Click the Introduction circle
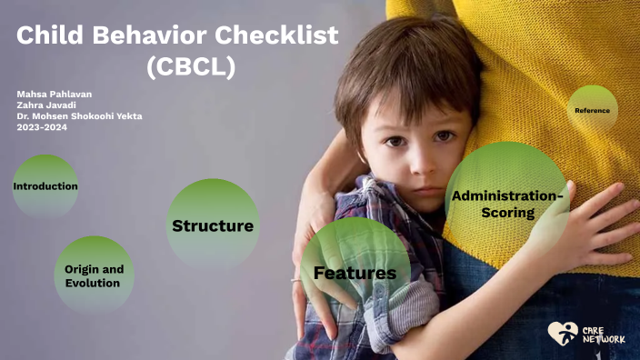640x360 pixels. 45,186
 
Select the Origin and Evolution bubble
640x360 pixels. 93,275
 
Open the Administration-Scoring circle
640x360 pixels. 507,204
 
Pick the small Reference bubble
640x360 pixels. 593,110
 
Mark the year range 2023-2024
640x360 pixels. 42,127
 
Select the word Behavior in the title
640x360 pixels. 151,36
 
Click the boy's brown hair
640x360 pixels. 400,64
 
